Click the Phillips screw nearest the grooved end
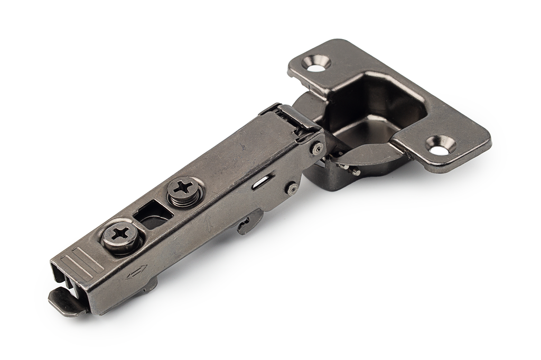(122, 233)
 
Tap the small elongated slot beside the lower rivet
(259, 183)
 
